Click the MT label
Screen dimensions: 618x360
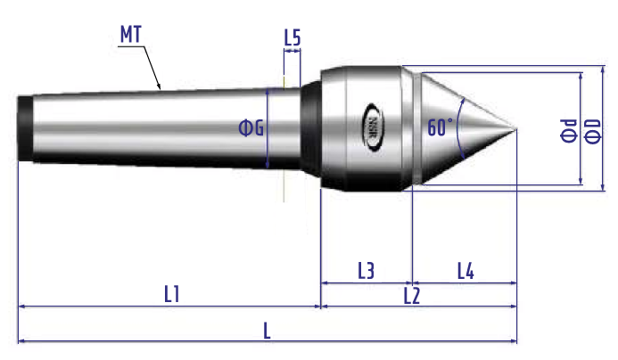[130, 35]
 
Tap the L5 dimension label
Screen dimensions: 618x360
[293, 38]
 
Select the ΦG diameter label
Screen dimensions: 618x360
[251, 128]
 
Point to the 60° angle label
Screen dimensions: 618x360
[440, 127]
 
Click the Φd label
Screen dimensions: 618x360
[568, 130]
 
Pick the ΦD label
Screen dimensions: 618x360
[592, 132]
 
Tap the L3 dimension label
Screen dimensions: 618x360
[366, 271]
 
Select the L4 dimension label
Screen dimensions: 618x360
[466, 271]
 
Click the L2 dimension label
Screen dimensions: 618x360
[412, 296]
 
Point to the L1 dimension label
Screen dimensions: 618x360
[172, 294]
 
